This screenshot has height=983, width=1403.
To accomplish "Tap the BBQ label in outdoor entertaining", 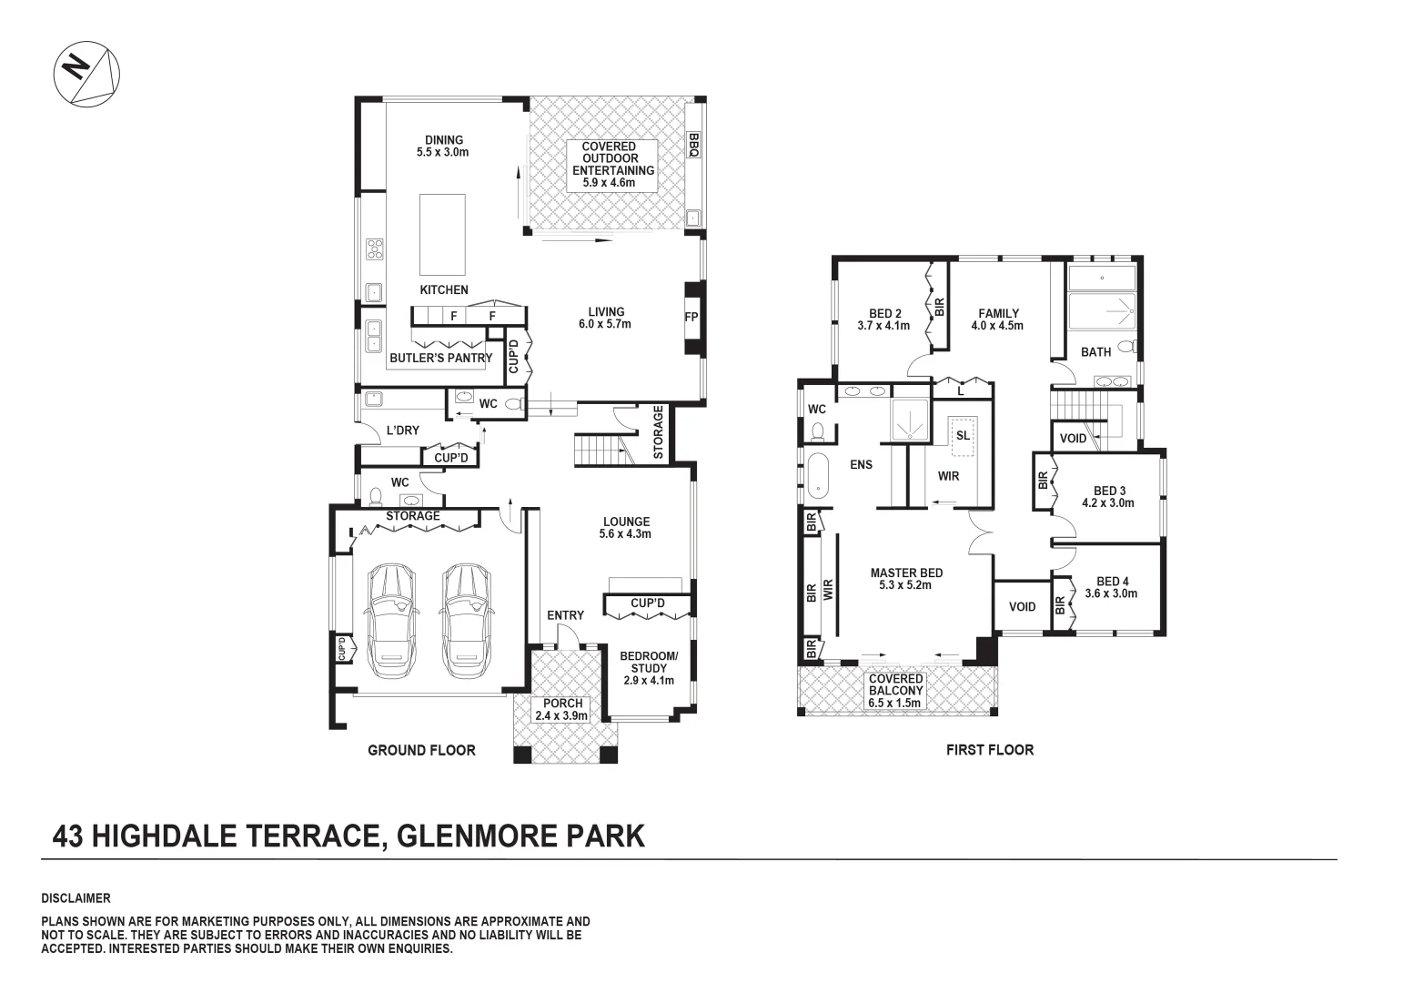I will click(x=692, y=146).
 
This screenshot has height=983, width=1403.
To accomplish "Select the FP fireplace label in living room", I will click(x=691, y=318).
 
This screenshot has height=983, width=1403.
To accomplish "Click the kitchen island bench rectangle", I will click(x=443, y=234).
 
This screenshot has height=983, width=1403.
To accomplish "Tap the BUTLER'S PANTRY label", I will click(x=440, y=358).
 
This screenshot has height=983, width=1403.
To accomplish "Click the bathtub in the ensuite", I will click(x=817, y=475).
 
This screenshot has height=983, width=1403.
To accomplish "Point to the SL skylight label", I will click(x=963, y=435).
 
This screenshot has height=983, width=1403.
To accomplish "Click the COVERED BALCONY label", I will click(x=895, y=691).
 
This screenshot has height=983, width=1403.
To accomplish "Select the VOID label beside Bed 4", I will click(x=1022, y=607).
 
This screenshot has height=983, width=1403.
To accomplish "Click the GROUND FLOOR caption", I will click(x=421, y=750).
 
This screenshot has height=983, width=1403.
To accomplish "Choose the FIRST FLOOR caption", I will click(x=989, y=750).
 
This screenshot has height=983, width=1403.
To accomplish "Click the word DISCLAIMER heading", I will click(x=76, y=898).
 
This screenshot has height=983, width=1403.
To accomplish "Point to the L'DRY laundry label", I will click(x=402, y=431).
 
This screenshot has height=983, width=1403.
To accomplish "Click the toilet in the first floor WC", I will click(x=816, y=431).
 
